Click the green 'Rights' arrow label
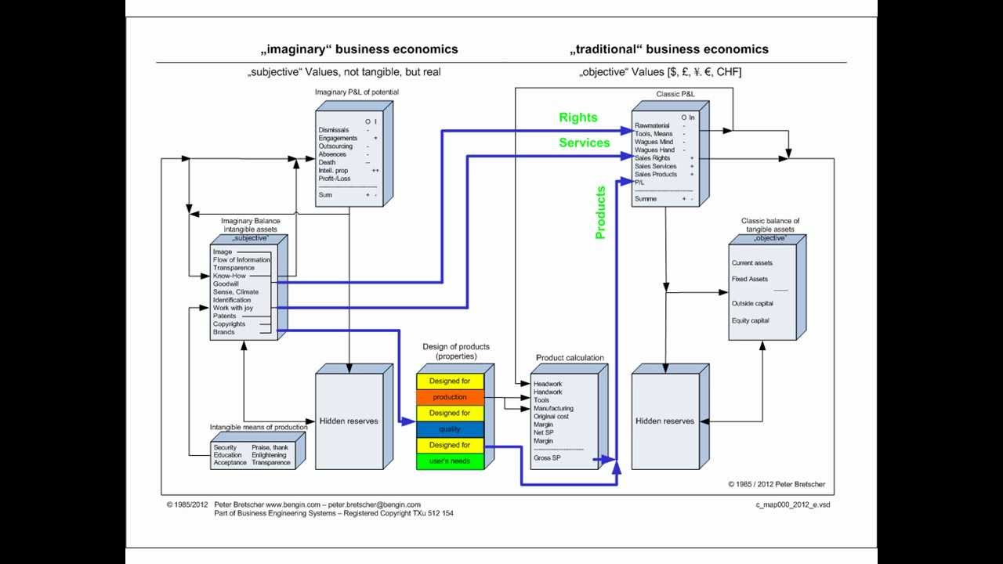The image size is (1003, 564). click(x=578, y=117)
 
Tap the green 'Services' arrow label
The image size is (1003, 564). click(x=584, y=143)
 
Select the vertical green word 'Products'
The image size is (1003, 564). click(x=601, y=212)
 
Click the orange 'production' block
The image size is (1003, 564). click(x=449, y=397)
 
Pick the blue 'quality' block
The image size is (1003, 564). click(x=449, y=429)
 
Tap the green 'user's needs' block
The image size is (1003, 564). click(x=449, y=461)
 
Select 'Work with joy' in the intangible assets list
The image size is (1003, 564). click(x=232, y=308)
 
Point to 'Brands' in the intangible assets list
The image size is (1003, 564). click(x=223, y=332)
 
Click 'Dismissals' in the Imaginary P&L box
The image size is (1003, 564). click(x=333, y=130)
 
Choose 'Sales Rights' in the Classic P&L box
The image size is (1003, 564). click(x=652, y=158)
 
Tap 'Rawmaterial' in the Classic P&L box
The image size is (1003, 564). click(x=652, y=125)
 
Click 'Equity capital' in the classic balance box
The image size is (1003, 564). click(x=750, y=320)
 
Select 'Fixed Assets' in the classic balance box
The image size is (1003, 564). click(x=749, y=279)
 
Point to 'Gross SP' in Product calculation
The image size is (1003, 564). click(x=547, y=457)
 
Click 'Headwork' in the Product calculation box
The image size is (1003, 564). click(x=548, y=384)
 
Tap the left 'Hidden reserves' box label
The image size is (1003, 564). click(x=348, y=421)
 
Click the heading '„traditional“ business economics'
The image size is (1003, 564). click(x=668, y=49)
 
